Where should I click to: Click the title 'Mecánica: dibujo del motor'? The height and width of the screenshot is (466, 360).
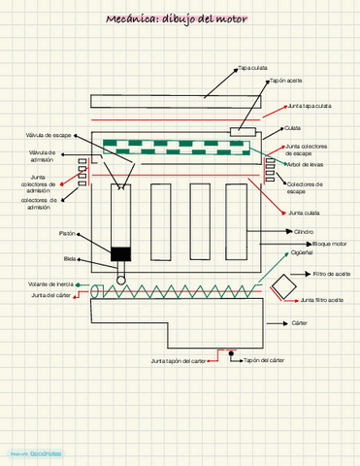[180, 19]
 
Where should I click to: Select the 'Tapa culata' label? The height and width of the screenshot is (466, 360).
[253, 68]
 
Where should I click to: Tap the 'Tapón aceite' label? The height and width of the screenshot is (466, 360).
[284, 81]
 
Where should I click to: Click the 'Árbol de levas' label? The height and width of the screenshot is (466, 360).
[306, 164]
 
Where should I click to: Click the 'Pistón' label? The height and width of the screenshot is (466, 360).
[67, 234]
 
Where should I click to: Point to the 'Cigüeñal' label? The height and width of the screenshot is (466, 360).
[303, 250]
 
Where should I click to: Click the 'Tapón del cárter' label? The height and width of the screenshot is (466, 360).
[264, 360]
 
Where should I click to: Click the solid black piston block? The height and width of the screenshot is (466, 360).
[120, 254]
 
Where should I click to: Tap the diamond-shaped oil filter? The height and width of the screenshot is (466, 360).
[283, 287]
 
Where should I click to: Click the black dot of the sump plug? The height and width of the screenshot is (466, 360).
[230, 355]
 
